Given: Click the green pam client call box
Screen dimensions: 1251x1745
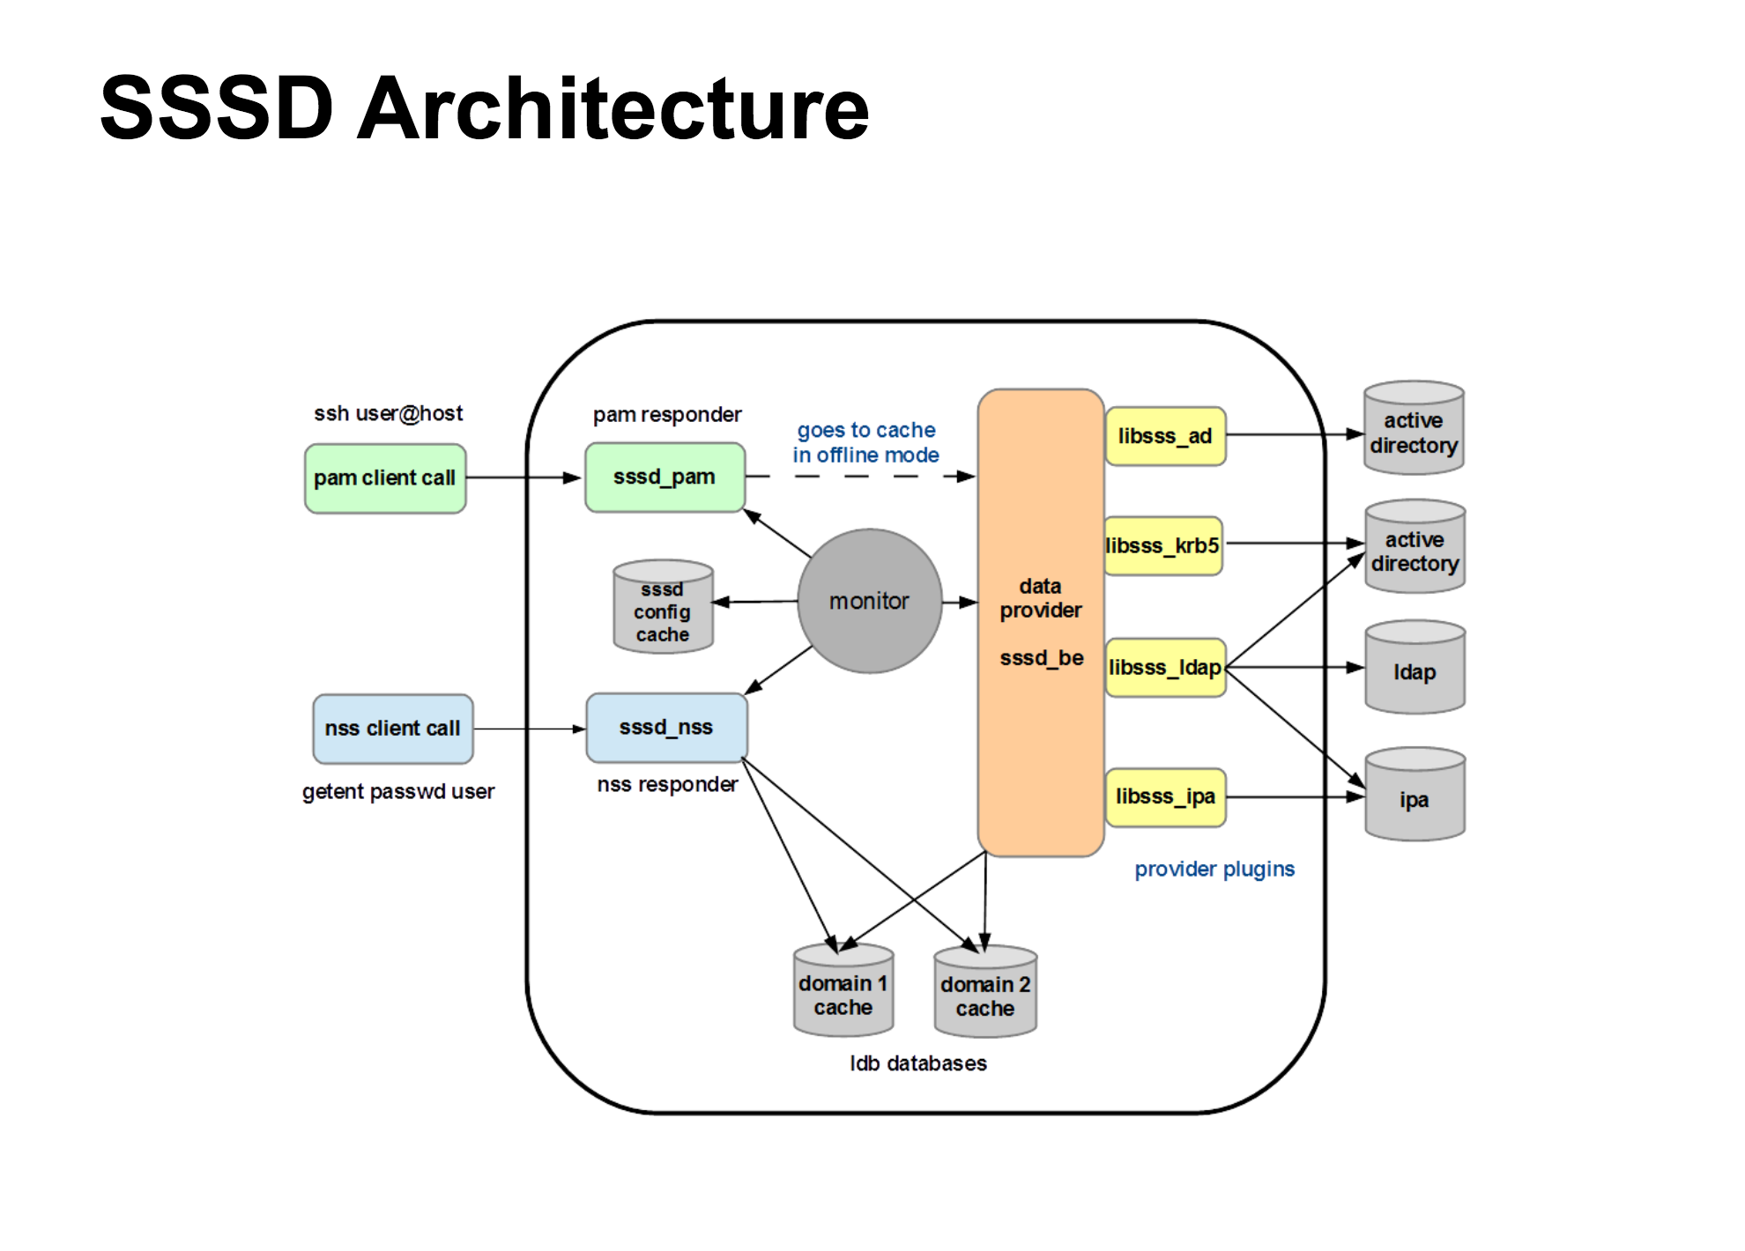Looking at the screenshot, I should (385, 478).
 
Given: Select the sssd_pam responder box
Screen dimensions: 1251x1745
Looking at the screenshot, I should (665, 477).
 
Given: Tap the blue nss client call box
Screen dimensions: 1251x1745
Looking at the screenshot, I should (393, 729).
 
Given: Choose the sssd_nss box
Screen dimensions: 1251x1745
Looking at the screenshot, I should (666, 728).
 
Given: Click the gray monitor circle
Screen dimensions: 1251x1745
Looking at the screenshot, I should (869, 602).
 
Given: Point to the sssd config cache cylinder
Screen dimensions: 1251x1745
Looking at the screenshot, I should (663, 608).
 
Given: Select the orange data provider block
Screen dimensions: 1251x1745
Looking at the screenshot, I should (1041, 622).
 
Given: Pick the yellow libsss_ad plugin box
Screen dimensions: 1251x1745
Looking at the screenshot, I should (1165, 436).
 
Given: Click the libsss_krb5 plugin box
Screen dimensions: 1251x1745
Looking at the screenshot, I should (1163, 546).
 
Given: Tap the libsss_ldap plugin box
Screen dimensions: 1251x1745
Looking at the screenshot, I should (1165, 668).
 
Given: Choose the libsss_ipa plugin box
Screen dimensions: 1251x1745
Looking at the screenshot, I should (1165, 797).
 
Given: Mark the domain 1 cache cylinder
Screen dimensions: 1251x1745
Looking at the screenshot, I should (843, 991).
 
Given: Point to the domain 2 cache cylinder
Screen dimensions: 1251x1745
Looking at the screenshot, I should (985, 993).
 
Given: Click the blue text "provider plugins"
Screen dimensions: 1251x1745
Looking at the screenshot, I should (1214, 870).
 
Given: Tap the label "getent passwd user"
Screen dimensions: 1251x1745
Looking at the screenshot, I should (398, 792).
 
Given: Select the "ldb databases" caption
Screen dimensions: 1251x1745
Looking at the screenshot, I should (918, 1064).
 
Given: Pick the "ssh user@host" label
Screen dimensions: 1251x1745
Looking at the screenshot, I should (389, 413).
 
